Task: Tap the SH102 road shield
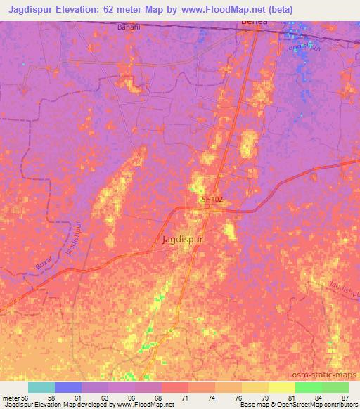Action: (212, 200)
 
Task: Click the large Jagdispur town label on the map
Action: (184, 239)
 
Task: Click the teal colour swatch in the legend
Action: (41, 387)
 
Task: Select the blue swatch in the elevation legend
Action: (68, 387)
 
